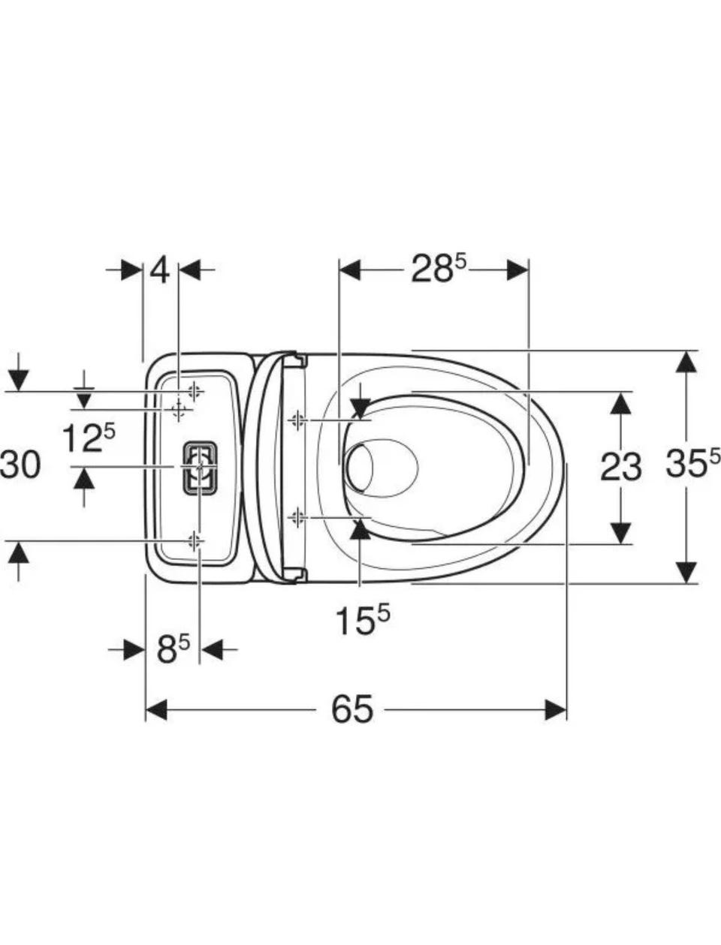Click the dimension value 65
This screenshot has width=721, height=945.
(352, 709)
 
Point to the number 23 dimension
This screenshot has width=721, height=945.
(620, 468)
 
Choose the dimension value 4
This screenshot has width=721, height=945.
(160, 271)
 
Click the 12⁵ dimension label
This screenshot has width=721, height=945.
(89, 437)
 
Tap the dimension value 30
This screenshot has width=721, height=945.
(20, 465)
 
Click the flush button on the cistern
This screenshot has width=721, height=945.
(200, 468)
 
